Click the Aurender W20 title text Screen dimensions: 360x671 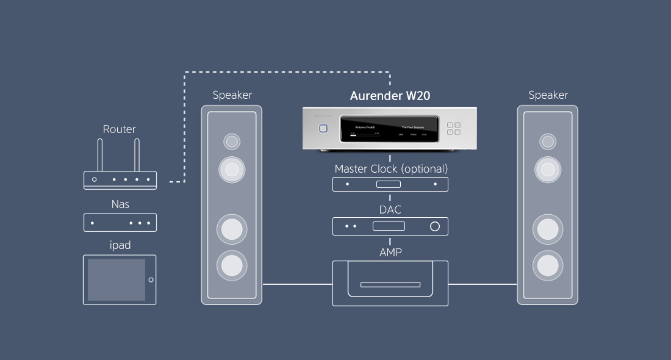click(390, 96)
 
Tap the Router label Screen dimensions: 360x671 click(120, 129)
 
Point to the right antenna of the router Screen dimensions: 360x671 click(137, 155)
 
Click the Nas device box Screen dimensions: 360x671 click(120, 223)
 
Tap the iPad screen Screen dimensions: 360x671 click(117, 279)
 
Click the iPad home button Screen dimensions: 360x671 click(151, 280)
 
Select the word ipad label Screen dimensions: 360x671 click(120, 245)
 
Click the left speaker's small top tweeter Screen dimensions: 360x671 click(232, 142)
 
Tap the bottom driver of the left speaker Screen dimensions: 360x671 click(232, 265)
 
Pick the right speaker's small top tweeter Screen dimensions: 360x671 click(548, 142)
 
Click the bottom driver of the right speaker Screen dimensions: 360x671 click(548, 265)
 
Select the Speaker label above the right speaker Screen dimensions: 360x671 click(548, 95)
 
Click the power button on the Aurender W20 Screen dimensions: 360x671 click(323, 129)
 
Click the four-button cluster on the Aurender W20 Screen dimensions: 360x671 click(454, 129)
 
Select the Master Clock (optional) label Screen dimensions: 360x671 click(390, 168)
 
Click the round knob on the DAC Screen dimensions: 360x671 click(434, 226)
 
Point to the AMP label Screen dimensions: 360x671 click(390, 252)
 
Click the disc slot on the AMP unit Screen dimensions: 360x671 click(390, 284)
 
